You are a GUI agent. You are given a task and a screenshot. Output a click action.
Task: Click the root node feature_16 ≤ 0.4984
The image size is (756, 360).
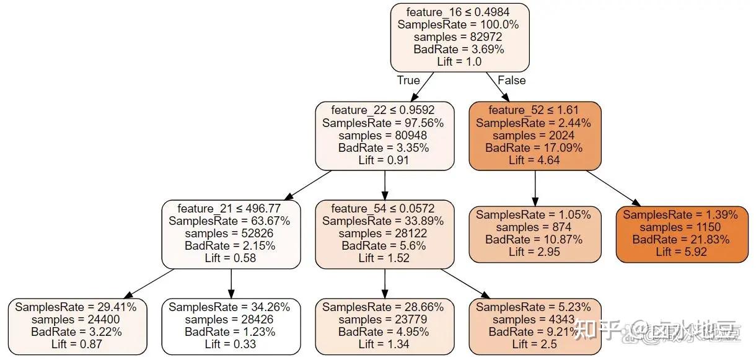[459, 37]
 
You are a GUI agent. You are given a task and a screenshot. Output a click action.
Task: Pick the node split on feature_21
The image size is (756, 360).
[231, 234]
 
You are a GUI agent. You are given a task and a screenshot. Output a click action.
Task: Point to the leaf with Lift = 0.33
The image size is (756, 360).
[231, 326]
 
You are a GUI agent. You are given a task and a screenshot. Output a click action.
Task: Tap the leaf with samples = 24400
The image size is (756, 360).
[77, 326]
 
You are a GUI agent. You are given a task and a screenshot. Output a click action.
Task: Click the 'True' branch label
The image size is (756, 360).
[408, 81]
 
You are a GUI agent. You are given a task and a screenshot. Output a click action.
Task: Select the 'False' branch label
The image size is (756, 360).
[511, 81]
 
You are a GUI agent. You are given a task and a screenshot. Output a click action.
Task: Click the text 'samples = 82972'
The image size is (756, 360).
[459, 37]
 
